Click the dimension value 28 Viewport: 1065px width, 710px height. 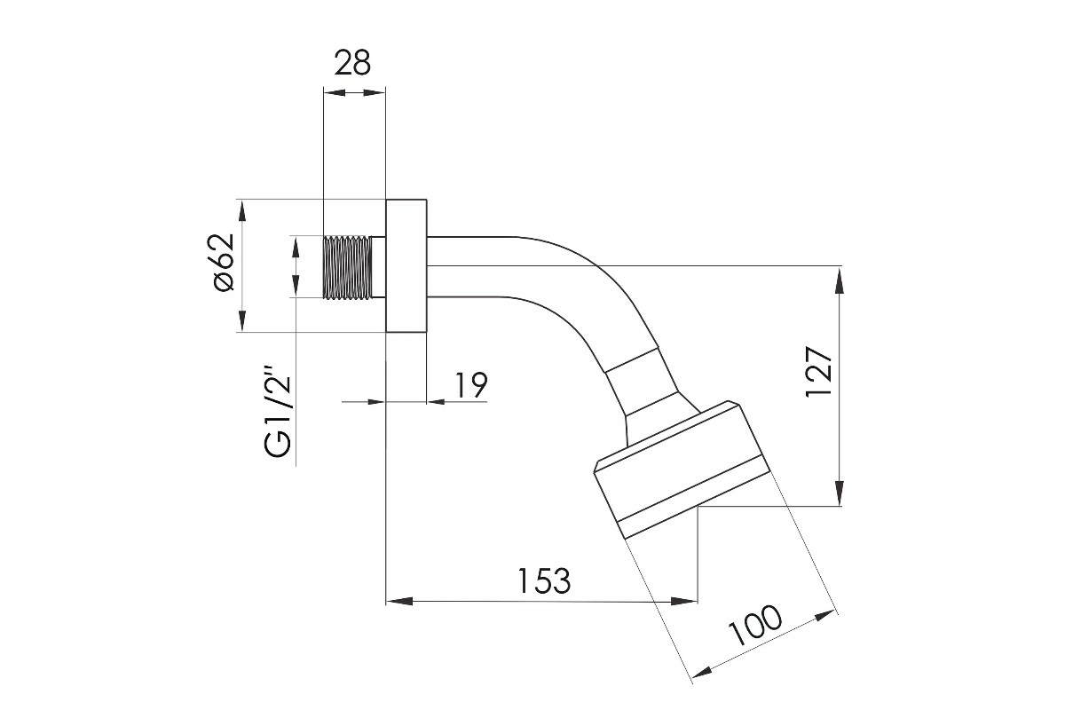(x=352, y=63)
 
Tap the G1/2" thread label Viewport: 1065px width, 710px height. (x=278, y=412)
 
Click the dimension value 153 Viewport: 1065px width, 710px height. (x=544, y=580)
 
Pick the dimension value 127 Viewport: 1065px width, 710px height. (x=818, y=372)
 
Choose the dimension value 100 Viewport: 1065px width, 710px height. (x=755, y=625)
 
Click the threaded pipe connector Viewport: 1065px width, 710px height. (x=354, y=267)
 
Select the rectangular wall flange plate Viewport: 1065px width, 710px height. (x=406, y=266)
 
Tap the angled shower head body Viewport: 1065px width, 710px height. (x=682, y=469)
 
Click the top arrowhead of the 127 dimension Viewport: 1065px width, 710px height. (x=840, y=280)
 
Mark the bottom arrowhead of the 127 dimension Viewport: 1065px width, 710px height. (x=840, y=493)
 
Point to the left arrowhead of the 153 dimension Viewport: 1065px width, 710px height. (x=399, y=602)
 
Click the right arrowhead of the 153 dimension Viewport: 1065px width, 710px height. (x=683, y=602)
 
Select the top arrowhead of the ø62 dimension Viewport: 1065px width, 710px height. (x=242, y=211)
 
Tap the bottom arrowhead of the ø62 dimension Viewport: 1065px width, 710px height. (x=242, y=319)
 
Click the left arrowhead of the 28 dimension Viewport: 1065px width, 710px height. (x=335, y=92)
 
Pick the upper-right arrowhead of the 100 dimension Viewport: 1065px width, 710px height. (x=824, y=615)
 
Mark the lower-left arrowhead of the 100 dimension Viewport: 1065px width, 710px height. (x=703, y=672)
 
